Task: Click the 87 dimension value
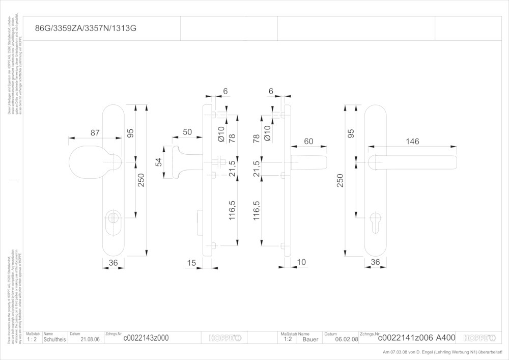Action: coord(95,133)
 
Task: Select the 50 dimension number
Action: coord(187,132)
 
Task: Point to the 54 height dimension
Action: coord(159,162)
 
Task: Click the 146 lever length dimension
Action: coord(413,141)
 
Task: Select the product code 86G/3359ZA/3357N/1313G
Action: coord(85,29)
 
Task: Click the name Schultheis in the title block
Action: coord(54,338)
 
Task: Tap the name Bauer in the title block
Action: coord(310,339)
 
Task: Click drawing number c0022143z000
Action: coord(146,338)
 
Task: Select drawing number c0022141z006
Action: coord(406,338)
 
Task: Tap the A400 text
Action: coord(445,338)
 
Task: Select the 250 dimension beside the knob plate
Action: coord(141,181)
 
